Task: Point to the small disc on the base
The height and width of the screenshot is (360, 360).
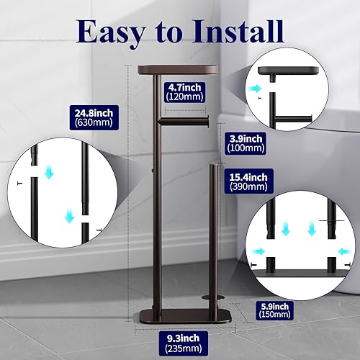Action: [x=211, y=294]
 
